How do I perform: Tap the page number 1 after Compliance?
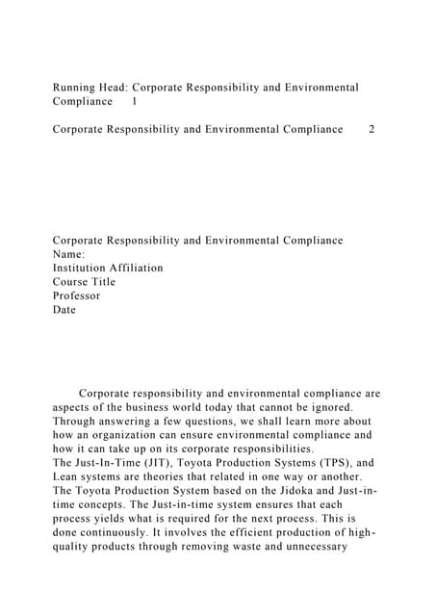tap(134, 101)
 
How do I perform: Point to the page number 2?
tap(372, 129)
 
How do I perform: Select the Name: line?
tap(69, 254)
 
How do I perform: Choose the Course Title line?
tap(84, 282)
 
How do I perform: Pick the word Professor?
tap(76, 295)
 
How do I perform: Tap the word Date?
tap(64, 310)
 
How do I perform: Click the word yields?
tap(99, 519)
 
